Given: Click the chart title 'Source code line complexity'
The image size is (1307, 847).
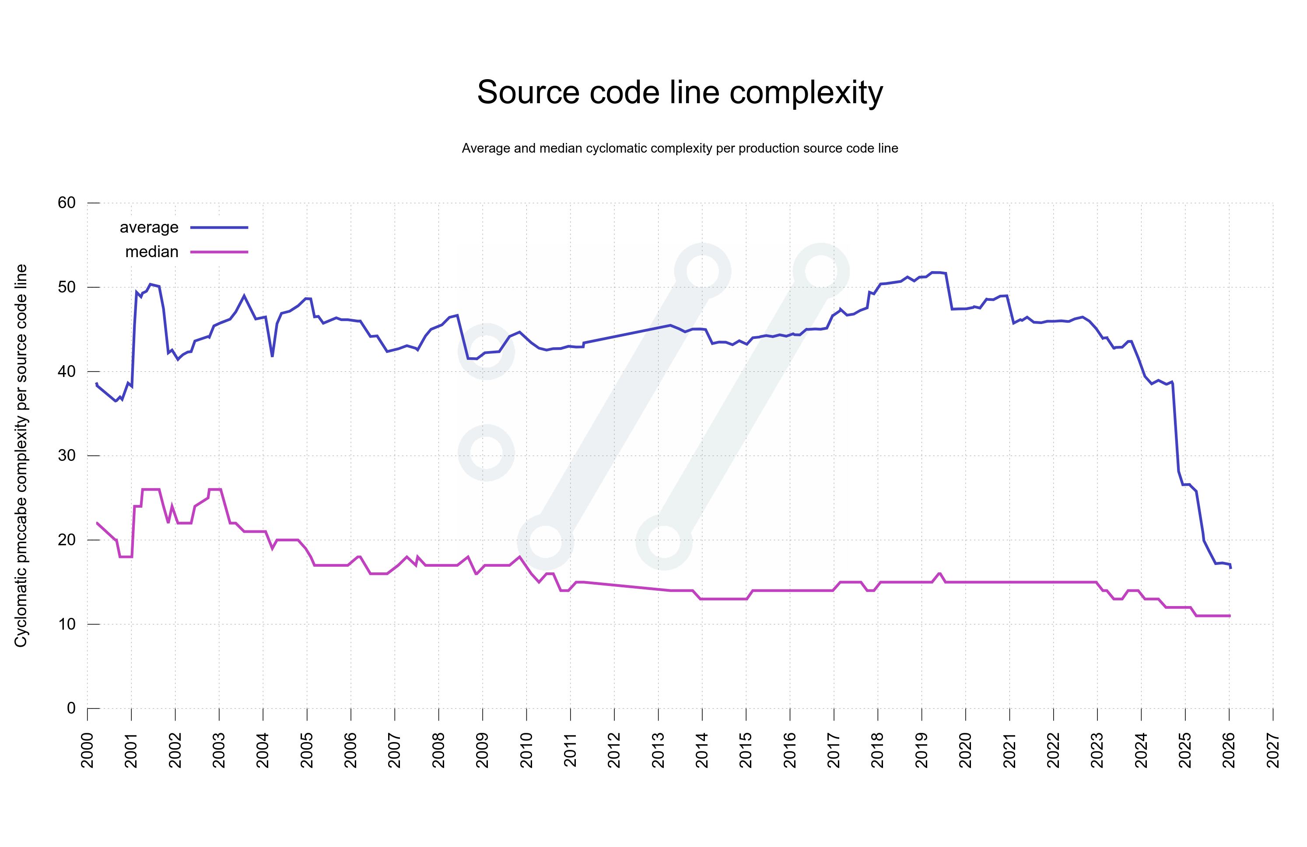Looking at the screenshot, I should tap(680, 92).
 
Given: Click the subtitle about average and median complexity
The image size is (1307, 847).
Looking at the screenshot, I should tap(680, 148).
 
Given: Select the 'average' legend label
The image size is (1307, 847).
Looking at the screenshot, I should tap(149, 227).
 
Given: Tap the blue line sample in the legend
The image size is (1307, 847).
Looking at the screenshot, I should tap(219, 227).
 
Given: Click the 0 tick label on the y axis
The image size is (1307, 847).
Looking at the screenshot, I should tap(71, 708).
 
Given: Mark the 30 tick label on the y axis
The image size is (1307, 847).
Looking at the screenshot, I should tap(67, 456).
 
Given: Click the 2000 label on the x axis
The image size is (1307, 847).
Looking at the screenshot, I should tap(88, 750).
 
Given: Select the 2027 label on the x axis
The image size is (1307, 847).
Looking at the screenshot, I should tap(1273, 750).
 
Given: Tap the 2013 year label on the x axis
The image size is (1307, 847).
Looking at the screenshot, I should tap(658, 750).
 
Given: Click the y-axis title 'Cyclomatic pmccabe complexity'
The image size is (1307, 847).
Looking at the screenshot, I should tap(21, 456).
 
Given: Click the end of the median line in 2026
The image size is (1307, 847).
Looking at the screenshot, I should tap(1230, 616).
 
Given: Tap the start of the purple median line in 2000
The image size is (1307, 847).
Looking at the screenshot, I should tap(97, 523).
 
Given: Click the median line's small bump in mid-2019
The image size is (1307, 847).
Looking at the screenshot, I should tap(939, 574).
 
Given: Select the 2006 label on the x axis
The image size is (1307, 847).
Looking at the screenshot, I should tap(350, 750).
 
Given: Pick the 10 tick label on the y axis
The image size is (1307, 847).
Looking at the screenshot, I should tap(67, 624).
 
